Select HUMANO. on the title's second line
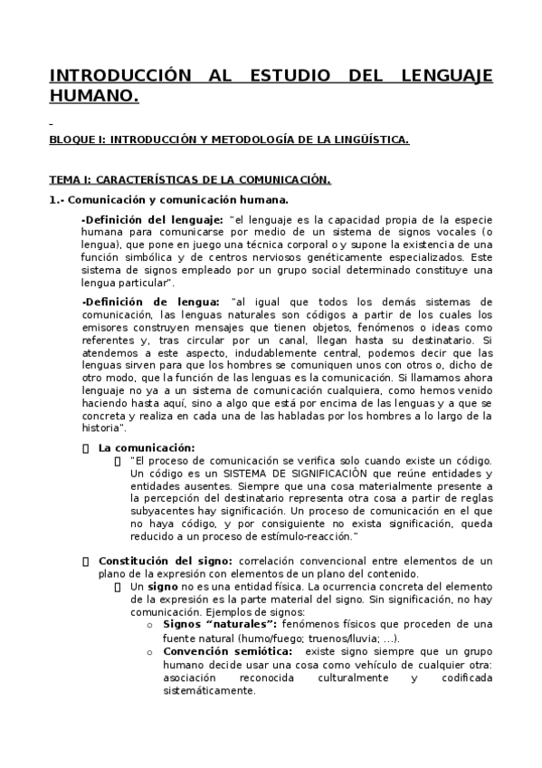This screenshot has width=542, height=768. pyautogui.click(x=94, y=95)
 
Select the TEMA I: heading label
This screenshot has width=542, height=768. pyautogui.click(x=70, y=180)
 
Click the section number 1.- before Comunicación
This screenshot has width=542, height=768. pyautogui.click(x=56, y=200)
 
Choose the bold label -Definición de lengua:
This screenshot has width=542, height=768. pyautogui.click(x=149, y=301)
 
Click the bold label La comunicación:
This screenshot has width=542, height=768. pyautogui.click(x=146, y=447)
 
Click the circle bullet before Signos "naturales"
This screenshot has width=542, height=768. pyautogui.click(x=149, y=625)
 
